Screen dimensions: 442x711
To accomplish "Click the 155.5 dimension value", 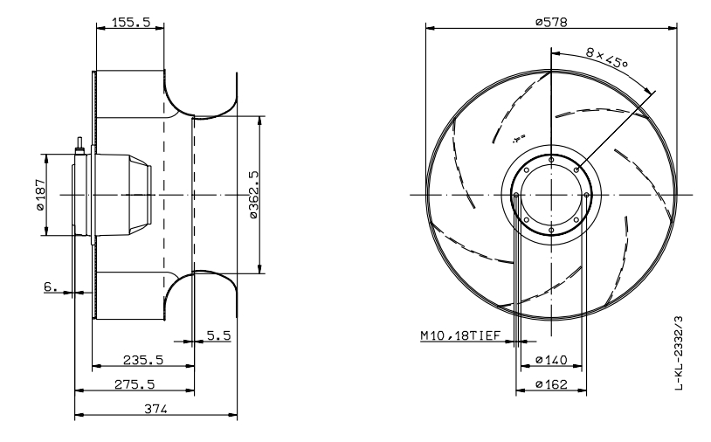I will click(x=128, y=24).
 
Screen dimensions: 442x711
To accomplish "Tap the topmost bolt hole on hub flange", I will click(x=551, y=159).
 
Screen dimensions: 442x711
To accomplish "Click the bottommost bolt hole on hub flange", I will click(x=551, y=229).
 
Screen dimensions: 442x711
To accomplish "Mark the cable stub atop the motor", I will click(x=80, y=143).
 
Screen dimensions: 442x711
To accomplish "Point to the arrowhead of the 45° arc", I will click(x=651, y=92).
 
